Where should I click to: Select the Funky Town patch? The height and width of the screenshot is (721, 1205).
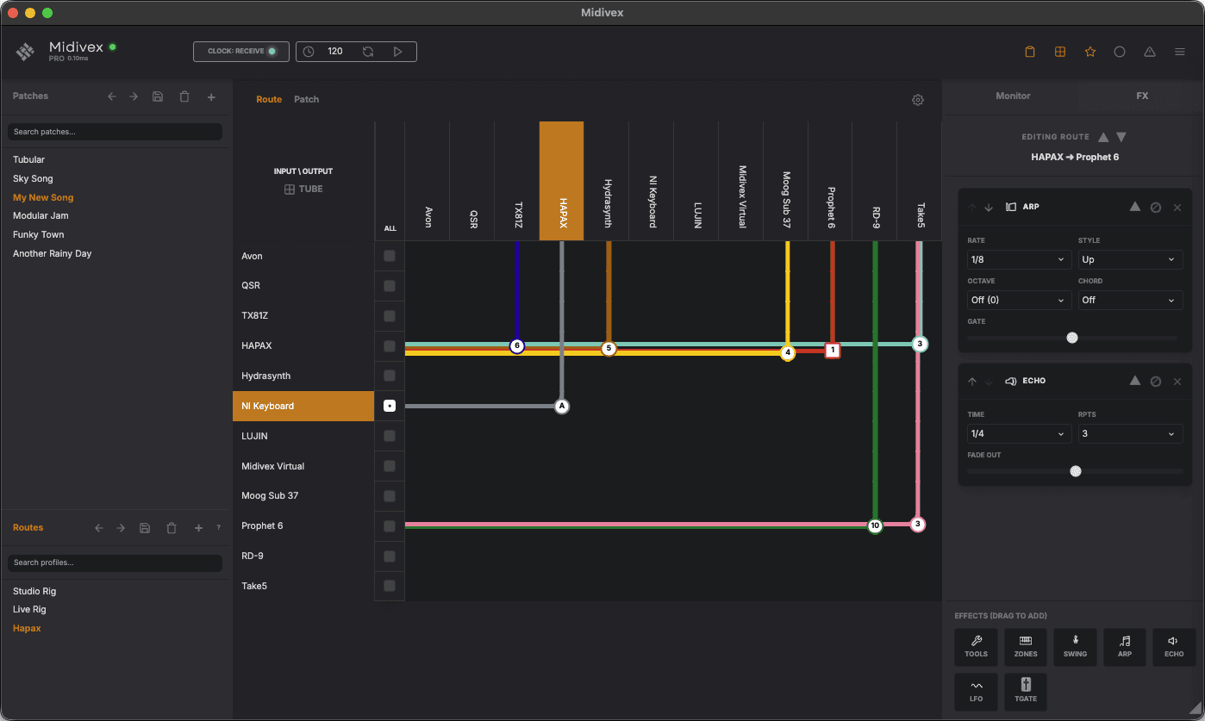point(39,234)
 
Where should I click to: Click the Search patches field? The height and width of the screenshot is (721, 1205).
point(115,132)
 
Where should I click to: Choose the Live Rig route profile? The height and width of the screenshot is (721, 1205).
point(29,609)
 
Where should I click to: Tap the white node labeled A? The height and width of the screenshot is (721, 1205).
point(562,406)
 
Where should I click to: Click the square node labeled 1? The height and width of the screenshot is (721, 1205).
point(832,351)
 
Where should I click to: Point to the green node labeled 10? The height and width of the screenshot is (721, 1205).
point(875,525)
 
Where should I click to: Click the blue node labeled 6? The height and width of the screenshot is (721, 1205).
point(517,346)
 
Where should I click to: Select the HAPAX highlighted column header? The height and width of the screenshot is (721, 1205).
point(562,181)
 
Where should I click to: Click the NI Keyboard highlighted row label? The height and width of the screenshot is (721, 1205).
point(303,406)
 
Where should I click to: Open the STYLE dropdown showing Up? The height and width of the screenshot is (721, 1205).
point(1130,259)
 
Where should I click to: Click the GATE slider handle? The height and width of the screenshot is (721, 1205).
point(1072,338)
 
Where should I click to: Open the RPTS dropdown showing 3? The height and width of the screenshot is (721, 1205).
point(1130,433)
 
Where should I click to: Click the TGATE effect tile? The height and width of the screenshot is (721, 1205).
point(1026,692)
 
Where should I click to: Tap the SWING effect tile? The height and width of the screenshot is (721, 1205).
point(1075,646)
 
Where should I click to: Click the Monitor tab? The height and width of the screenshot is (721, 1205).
point(1013,96)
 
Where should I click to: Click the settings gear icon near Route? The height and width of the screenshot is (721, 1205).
point(918,100)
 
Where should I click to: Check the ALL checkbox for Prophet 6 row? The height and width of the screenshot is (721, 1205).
point(390,526)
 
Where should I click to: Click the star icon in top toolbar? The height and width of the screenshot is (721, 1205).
point(1090,52)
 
